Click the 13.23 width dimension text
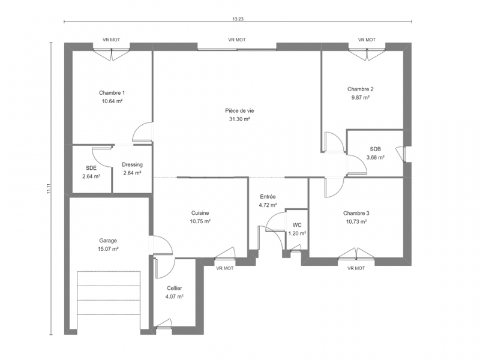coord(238,19)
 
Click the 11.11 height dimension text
coord(48,189)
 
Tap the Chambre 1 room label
coord(112,92)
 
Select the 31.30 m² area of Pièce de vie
coord(239,119)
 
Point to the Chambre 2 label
coord(361,89)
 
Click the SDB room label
coord(375,149)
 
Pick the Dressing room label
coord(132,165)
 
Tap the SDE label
coord(91,168)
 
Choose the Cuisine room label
coord(200,213)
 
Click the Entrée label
coord(268,196)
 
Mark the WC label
coord(297,225)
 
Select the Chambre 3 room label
coord(356,213)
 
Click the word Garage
coord(108,241)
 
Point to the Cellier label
coord(175,288)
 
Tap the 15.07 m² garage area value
coord(108,249)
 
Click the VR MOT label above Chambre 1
coord(111,40)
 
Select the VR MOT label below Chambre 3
coord(356,268)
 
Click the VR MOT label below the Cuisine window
coord(225,268)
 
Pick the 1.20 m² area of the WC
coord(297,233)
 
